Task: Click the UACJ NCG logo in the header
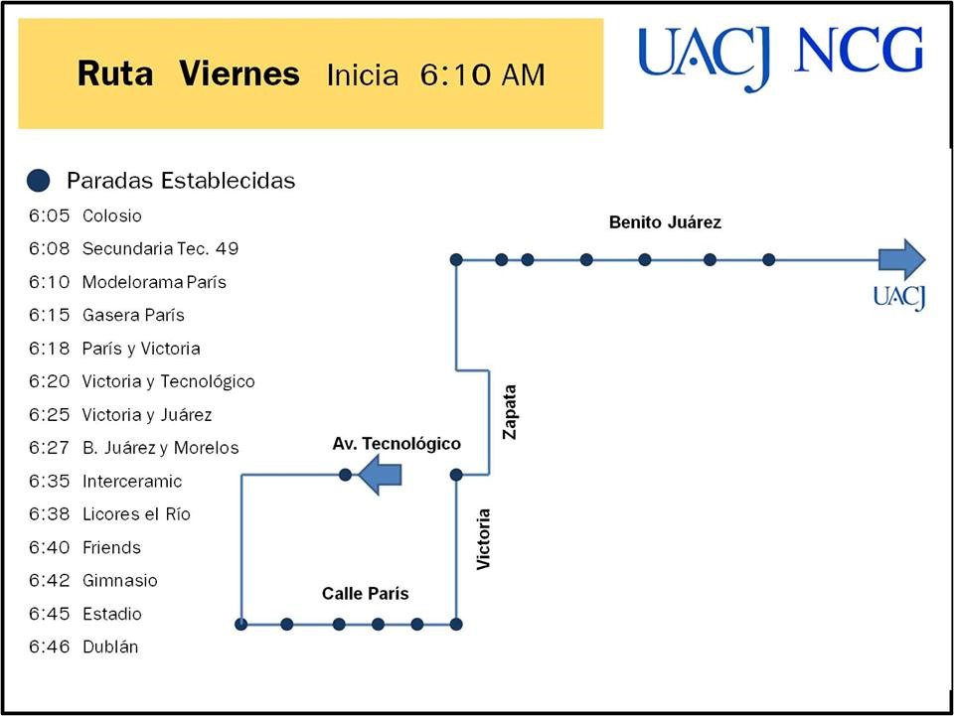click(x=781, y=58)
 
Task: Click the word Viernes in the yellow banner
click(x=239, y=73)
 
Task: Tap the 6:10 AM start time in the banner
click(x=483, y=74)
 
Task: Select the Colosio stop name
click(x=112, y=215)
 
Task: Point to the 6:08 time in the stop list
click(x=50, y=248)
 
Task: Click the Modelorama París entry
click(x=154, y=282)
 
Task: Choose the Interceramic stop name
click(x=132, y=482)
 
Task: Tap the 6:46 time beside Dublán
click(x=50, y=646)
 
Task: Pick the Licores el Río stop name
click(x=136, y=514)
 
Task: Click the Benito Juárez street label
click(x=665, y=222)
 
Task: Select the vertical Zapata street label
click(x=509, y=411)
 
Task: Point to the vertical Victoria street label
click(x=483, y=539)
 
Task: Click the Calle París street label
click(x=365, y=593)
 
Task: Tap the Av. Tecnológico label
click(x=397, y=444)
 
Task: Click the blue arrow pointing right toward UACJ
click(x=902, y=259)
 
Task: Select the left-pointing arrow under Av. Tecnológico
click(x=380, y=474)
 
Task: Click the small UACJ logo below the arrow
click(x=899, y=297)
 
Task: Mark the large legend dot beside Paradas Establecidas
click(x=39, y=181)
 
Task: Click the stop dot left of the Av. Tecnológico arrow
click(x=345, y=475)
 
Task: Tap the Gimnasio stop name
click(x=120, y=581)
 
